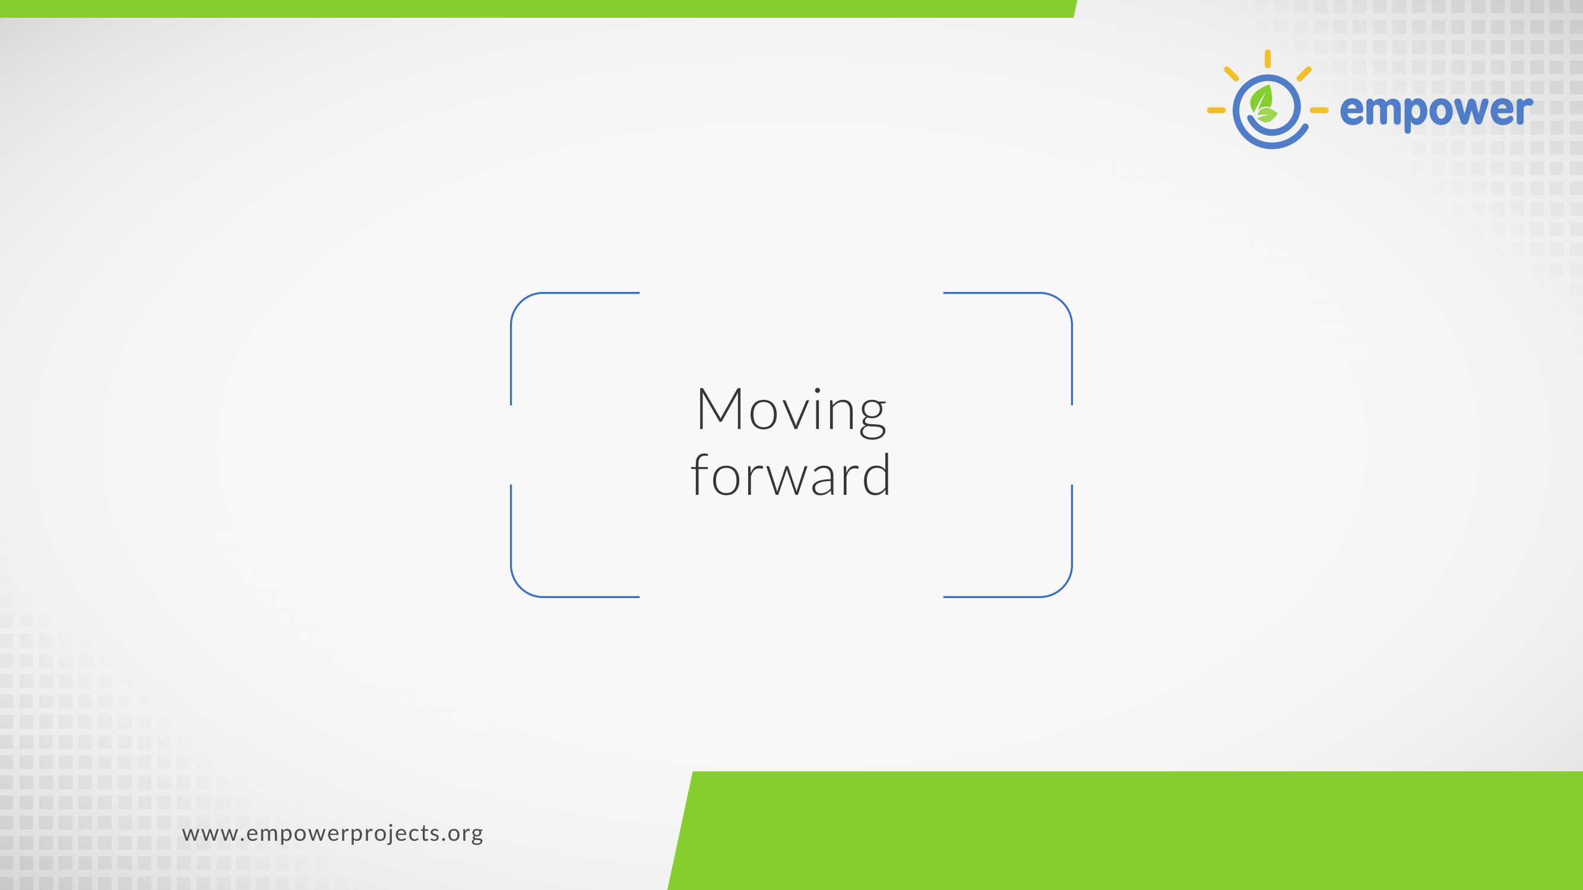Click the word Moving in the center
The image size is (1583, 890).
pos(792,411)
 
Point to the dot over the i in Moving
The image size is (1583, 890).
pos(817,390)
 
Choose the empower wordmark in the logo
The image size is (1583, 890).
pos(1436,112)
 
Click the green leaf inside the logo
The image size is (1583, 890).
pos(1263,103)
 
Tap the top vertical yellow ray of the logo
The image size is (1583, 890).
pos(1268,59)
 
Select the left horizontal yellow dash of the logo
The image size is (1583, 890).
pos(1216,110)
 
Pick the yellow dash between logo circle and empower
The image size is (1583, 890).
pos(1319,110)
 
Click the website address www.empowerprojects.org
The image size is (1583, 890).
pos(333,834)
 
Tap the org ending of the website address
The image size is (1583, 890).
pos(465,835)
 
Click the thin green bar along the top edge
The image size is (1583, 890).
pos(538,8)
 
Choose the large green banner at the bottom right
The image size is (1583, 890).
pos(1125,831)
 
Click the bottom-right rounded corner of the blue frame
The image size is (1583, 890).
pos(1062,587)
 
